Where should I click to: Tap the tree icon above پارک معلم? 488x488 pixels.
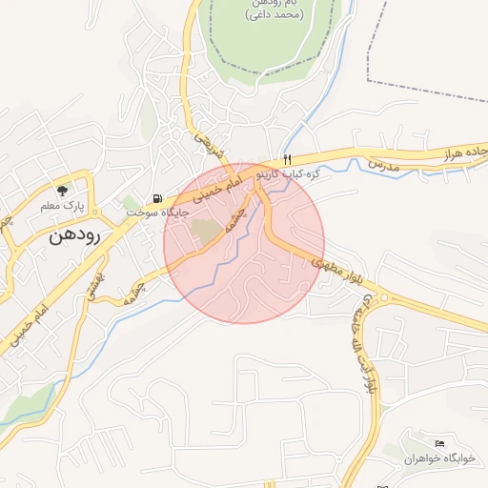pyautogui.click(x=63, y=190)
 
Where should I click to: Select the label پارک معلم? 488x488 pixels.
pyautogui.click(x=63, y=206)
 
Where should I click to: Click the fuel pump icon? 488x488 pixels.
pyautogui.click(x=157, y=199)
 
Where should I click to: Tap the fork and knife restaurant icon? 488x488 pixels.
pyautogui.click(x=286, y=159)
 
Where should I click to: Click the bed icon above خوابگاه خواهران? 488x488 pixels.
pyautogui.click(x=439, y=443)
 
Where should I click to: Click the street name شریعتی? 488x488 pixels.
pyautogui.click(x=209, y=144)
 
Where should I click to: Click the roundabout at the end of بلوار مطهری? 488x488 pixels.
pyautogui.click(x=386, y=298)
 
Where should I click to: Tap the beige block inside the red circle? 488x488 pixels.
pyautogui.click(x=204, y=230)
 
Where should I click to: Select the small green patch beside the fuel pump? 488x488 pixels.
pyautogui.click(x=130, y=203)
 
